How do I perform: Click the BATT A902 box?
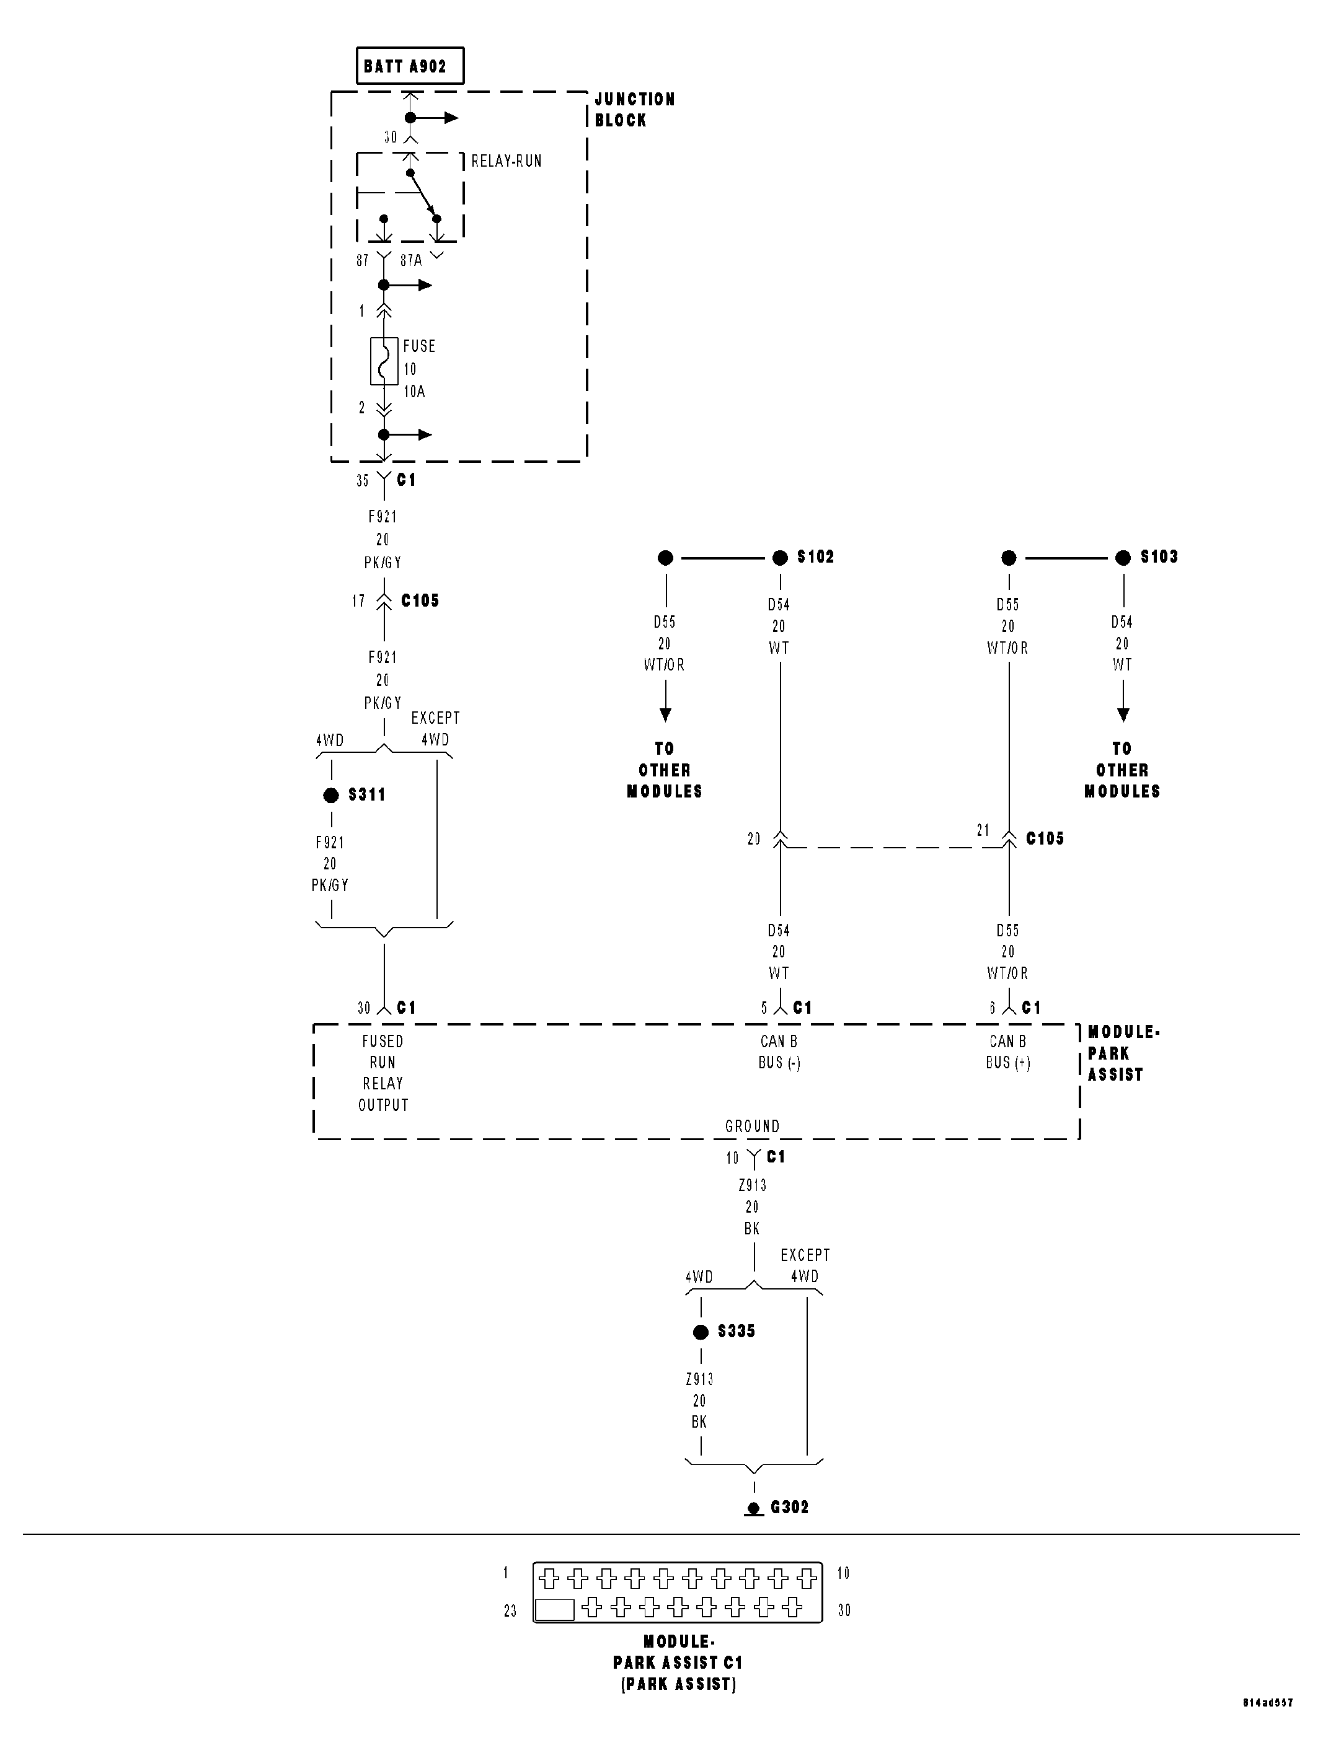coord(409,66)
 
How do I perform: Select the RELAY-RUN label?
coord(506,161)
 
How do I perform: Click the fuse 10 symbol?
coord(384,361)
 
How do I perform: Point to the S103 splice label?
coord(1158,557)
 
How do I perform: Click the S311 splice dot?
coord(331,795)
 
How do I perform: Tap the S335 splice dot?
coord(701,1332)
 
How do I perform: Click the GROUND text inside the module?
coord(752,1126)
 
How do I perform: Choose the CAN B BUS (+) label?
coord(1007,1052)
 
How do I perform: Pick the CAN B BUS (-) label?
coord(779,1052)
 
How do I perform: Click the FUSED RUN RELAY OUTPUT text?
coord(383,1073)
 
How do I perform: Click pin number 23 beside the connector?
coord(510,1611)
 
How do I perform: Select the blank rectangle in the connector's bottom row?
coord(555,1610)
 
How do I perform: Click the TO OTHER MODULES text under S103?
coord(1122,770)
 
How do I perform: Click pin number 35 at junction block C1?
coord(362,480)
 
